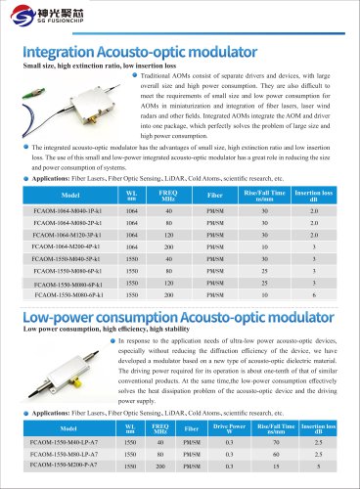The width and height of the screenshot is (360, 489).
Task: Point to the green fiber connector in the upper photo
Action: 36,88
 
